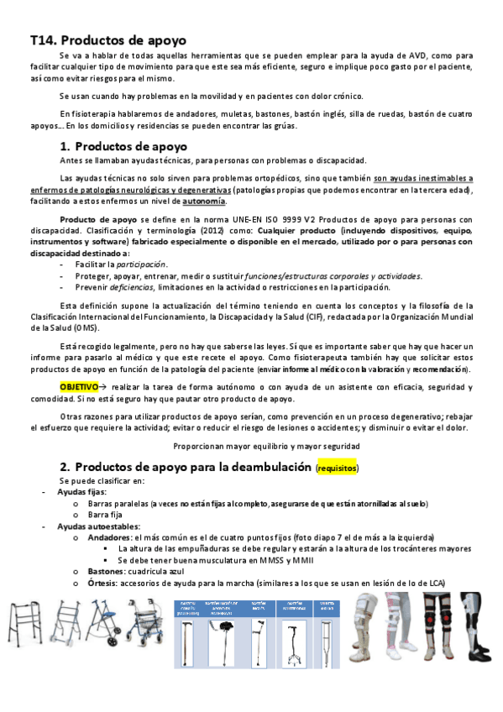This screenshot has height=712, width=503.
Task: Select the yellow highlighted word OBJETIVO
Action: pos(79,386)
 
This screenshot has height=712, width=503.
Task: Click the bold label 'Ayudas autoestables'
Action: pos(93,525)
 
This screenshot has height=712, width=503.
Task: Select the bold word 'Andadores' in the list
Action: pos(109,537)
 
